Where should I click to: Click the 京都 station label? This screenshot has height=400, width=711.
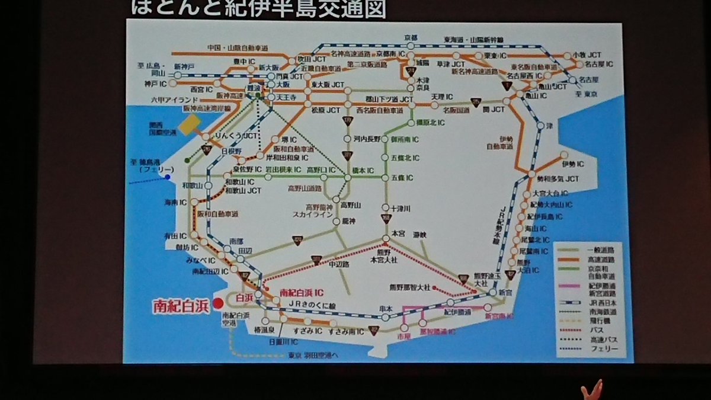(x=411, y=37)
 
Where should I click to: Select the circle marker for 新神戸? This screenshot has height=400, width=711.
(x=178, y=76)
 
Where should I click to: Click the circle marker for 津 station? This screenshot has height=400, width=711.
(x=540, y=126)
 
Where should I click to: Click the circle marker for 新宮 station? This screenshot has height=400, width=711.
(x=493, y=293)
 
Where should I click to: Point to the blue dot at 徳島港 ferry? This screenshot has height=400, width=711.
(x=168, y=176)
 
